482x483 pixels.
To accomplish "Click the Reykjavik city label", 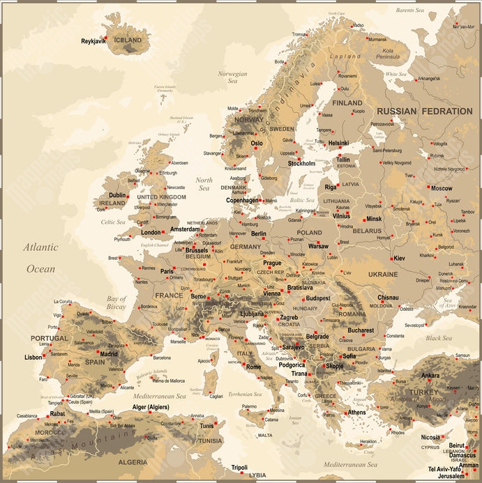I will coord(93,41).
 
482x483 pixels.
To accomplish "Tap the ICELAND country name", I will coord(128,40).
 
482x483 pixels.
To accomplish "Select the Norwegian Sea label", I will coord(232,77).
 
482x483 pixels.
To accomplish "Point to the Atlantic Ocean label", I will coord(40,257).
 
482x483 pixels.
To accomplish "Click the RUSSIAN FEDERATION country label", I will coord(424,111).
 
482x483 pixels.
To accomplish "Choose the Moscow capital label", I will coord(441,188).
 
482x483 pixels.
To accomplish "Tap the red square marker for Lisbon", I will coord(47,357).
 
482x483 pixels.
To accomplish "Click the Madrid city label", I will coord(108,353).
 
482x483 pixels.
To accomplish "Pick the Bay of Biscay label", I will coord(116,302).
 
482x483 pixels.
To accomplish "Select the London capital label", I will coord(151,232).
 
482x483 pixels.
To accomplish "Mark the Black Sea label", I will coord(438,338).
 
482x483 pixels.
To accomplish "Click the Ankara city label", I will coord(430,376).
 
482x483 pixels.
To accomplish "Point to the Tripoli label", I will coord(239,468).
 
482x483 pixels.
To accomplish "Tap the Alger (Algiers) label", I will coord(155,407).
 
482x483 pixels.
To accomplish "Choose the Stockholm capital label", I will coord(301,164).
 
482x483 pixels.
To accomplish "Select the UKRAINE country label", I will coord(383,275).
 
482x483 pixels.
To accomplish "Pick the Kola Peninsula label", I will coord(398,54).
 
